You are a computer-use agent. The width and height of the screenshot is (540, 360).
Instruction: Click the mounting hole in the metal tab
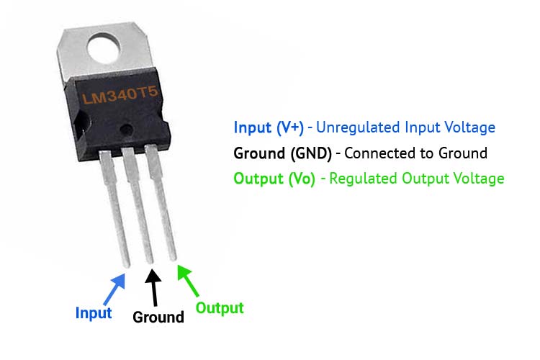tap(104, 48)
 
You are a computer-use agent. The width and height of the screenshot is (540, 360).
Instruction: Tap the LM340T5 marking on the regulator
tap(120, 95)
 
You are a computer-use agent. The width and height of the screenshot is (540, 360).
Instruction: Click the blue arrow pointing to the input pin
tap(114, 289)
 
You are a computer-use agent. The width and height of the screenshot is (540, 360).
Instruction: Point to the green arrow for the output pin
tap(188, 281)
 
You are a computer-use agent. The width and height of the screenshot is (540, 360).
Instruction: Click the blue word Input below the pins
tap(94, 313)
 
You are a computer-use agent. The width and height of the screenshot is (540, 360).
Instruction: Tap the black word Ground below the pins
tap(158, 318)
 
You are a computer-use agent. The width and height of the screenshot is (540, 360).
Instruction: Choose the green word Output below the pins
tap(220, 308)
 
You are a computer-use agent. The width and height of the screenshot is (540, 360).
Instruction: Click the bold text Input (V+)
tap(269, 127)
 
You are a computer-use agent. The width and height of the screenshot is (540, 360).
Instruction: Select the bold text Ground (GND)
tap(282, 153)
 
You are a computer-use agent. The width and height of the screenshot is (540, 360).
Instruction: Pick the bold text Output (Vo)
tap(274, 179)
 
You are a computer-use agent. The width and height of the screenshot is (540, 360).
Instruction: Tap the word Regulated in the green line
tap(364, 179)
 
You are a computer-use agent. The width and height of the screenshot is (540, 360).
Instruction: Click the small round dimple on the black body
tap(127, 130)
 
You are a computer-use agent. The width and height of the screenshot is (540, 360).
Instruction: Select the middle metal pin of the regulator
tap(138, 205)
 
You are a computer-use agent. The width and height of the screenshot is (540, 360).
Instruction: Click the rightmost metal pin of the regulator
tap(161, 202)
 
